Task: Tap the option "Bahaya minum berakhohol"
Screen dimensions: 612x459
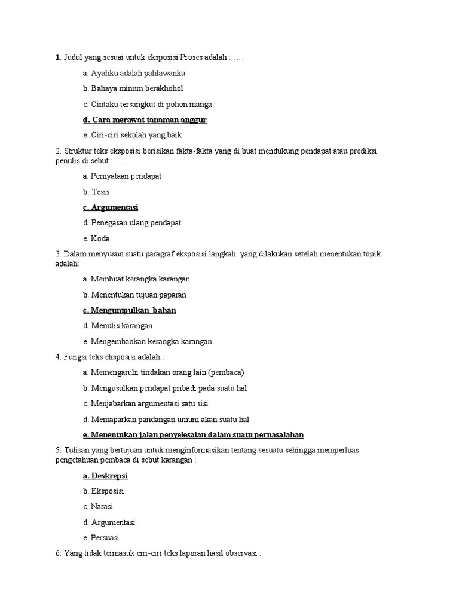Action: (x=128, y=88)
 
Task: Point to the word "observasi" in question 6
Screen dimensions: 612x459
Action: (x=240, y=553)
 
